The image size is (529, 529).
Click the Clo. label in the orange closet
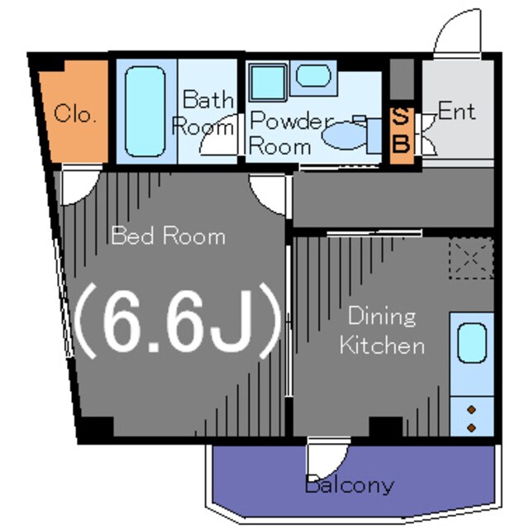point(75,113)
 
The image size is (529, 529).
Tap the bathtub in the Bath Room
point(145,112)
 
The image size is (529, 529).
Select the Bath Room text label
point(204,113)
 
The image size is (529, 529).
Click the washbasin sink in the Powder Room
point(313,75)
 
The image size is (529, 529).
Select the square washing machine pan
point(268,83)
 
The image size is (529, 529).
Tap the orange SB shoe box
point(402,136)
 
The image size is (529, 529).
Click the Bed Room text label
point(168,236)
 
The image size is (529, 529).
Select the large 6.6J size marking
point(177,321)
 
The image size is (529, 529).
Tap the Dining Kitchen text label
point(382,331)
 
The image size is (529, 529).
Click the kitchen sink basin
point(472,343)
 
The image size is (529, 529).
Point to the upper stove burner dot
point(472,410)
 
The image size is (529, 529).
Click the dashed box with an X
point(471,259)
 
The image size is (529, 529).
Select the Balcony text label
point(350,485)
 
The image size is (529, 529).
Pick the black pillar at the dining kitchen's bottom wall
point(386,427)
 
